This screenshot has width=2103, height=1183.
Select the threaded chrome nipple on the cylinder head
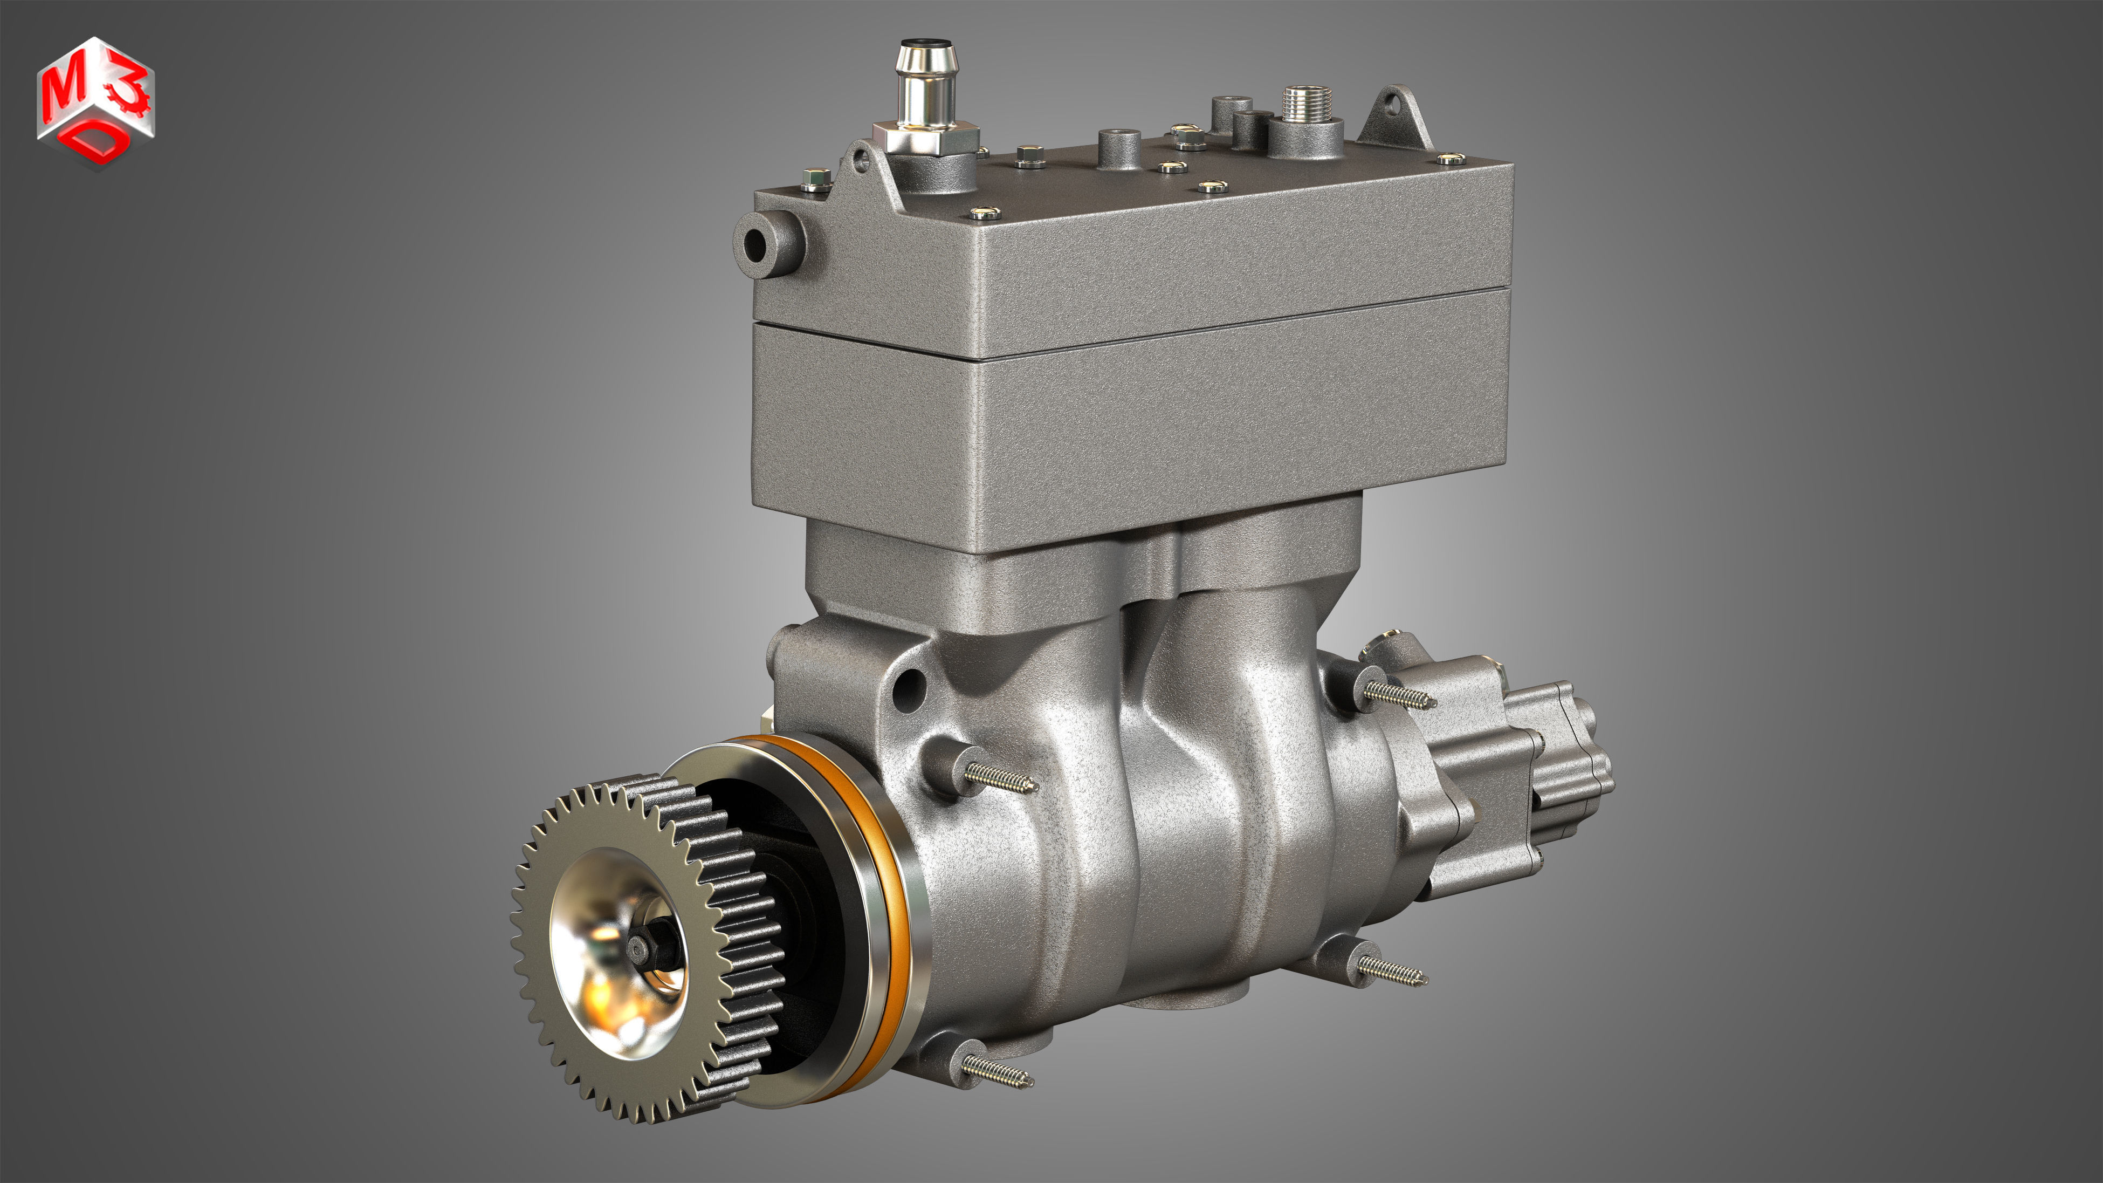1307,104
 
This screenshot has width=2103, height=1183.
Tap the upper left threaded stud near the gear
1000,776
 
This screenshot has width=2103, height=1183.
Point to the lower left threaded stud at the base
996,1070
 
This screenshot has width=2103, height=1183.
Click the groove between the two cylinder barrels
1143,735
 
